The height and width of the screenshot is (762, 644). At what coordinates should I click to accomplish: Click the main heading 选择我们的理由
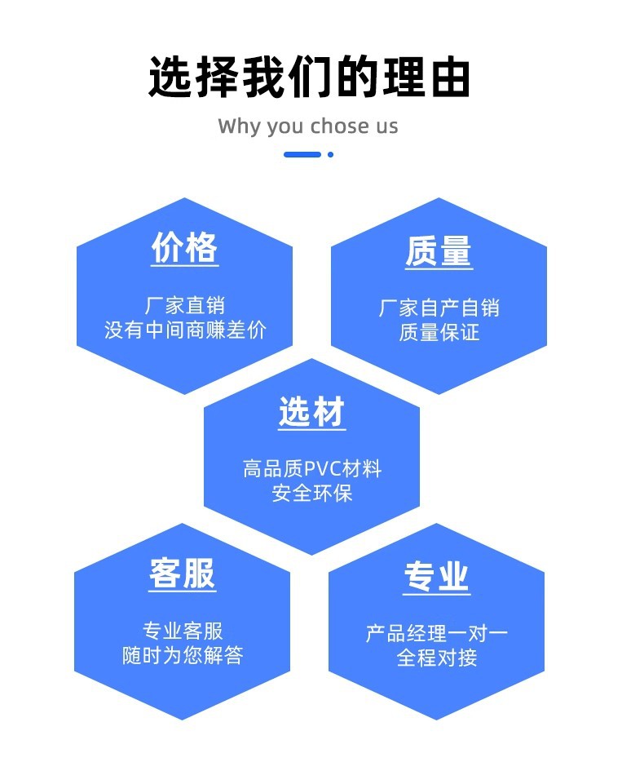tap(310, 78)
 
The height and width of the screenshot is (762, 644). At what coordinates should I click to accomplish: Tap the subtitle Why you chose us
tap(308, 126)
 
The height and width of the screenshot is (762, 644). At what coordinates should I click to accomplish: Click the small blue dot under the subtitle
tap(330, 154)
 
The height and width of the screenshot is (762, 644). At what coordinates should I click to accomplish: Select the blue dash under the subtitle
tap(302, 154)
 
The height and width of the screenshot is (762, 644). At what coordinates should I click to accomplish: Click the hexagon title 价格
tap(185, 247)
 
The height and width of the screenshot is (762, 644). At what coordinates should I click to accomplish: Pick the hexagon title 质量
tap(439, 251)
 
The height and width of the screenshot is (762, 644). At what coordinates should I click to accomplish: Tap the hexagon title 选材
tap(311, 413)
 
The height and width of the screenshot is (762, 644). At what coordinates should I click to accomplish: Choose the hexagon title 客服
tap(183, 574)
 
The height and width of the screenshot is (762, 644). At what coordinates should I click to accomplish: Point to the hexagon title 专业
tap(437, 578)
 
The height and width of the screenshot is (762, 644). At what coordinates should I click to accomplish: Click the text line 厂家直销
tap(185, 306)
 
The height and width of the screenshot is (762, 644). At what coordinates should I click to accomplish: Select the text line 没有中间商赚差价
tap(185, 330)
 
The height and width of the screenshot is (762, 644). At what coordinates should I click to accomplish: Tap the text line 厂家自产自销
tap(439, 308)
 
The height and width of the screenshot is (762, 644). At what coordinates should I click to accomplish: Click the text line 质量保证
tap(439, 333)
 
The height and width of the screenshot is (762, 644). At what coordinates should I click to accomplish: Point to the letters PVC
tap(325, 469)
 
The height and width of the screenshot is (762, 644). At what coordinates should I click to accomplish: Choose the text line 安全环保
tap(311, 494)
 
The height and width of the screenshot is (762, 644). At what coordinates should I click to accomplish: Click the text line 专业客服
tap(183, 631)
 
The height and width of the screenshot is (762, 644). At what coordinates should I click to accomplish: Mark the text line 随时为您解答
tap(183, 655)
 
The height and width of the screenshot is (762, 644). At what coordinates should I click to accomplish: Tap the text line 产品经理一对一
tap(437, 634)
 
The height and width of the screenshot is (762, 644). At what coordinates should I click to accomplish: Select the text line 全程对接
tap(437, 658)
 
